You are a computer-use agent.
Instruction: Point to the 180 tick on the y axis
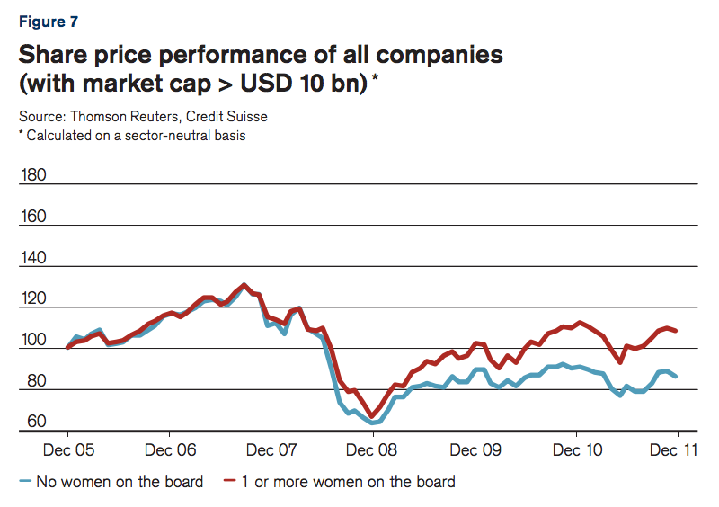pyautogui.click(x=33, y=173)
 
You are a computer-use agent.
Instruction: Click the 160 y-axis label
pyautogui.click(x=33, y=216)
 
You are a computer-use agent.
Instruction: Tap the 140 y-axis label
pyautogui.click(x=33, y=257)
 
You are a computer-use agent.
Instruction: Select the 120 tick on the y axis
pyautogui.click(x=33, y=298)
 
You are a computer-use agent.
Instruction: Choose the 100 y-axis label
pyautogui.click(x=33, y=340)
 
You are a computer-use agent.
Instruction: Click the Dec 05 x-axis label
pyautogui.click(x=68, y=448)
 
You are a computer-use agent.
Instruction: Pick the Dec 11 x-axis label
pyautogui.click(x=676, y=448)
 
